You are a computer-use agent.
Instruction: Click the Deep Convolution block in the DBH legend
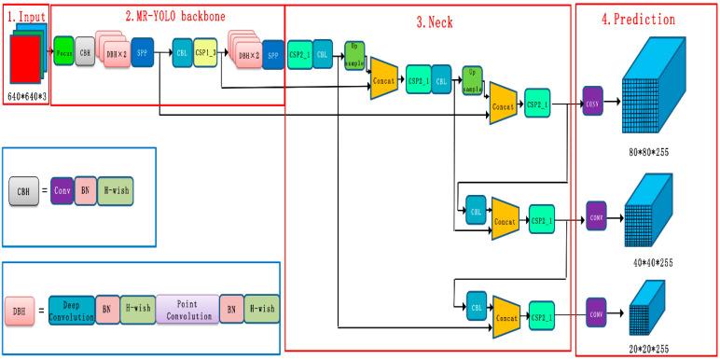(x=71, y=310)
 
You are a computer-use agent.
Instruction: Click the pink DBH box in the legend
(x=20, y=309)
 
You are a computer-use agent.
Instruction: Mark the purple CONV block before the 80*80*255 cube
(x=591, y=103)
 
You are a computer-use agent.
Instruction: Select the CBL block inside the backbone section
(x=181, y=52)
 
